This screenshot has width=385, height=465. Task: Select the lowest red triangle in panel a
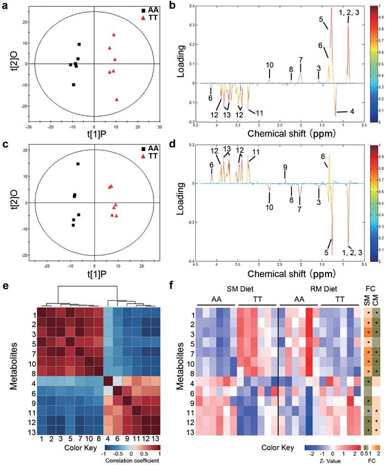[116, 99]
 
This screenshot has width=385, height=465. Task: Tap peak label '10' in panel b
[270, 65]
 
